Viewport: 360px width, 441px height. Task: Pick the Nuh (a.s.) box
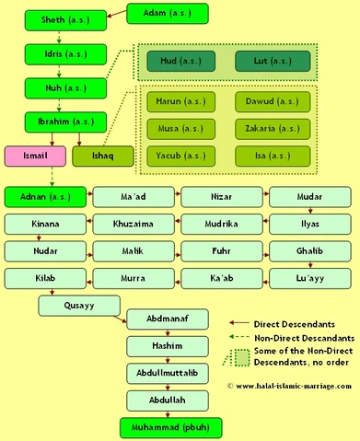click(62, 89)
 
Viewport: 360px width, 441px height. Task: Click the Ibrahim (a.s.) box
click(62, 122)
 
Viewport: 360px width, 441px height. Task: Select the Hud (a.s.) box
click(180, 62)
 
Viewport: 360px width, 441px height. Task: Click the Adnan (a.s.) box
click(45, 196)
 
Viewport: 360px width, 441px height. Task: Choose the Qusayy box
click(80, 304)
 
